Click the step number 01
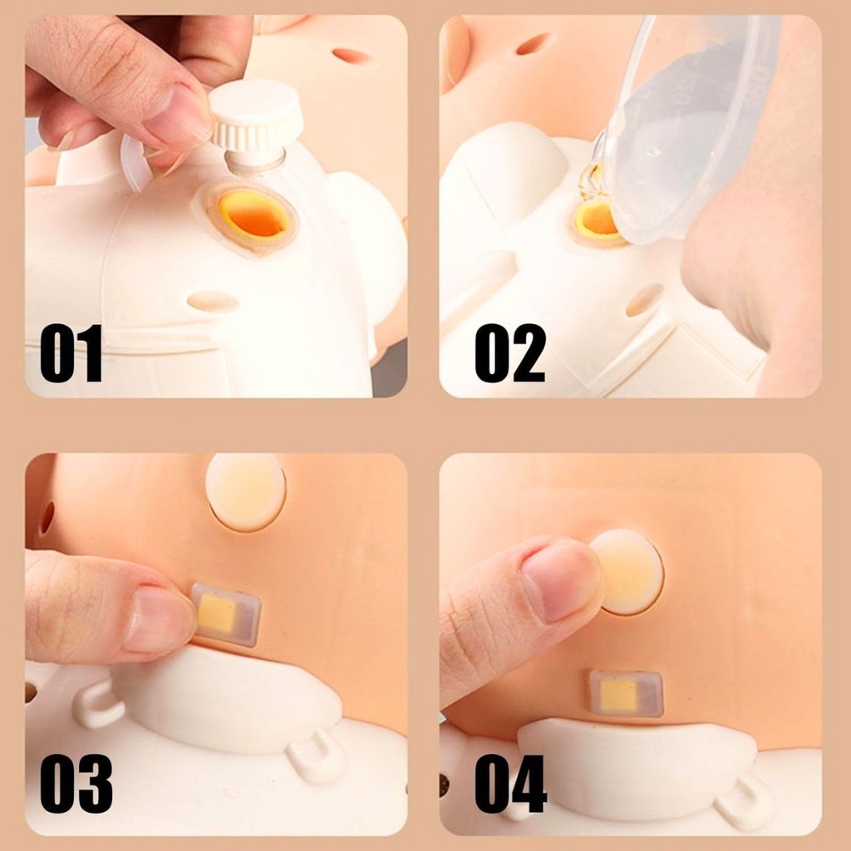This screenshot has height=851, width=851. coord(71,353)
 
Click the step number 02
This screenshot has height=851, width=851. coord(510,353)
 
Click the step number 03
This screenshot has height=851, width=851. coord(76,784)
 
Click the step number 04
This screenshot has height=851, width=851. coord(511,784)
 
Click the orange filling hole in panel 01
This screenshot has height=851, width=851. coord(254,214)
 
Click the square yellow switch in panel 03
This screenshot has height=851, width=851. coord(226,614)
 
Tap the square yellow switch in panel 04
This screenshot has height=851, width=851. coord(626,693)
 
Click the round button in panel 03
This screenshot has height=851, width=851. coord(246,491)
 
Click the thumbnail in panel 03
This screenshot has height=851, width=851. coord(159,620)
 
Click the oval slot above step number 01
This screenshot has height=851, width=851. coord(213,301)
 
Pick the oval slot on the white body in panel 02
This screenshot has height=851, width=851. coord(645,300)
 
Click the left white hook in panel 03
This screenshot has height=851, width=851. coord(99,704)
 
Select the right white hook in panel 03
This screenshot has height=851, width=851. coord(318,755)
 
